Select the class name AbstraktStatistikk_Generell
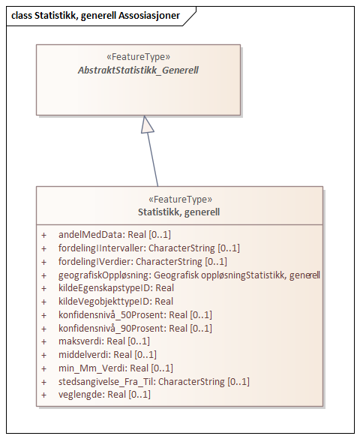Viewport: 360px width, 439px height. (139, 70)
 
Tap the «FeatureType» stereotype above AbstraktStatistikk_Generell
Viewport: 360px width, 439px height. (139, 57)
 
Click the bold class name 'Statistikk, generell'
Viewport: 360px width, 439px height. (178, 212)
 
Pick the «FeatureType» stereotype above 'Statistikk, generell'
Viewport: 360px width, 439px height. (178, 200)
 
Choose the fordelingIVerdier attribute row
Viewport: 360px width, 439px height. (142, 261)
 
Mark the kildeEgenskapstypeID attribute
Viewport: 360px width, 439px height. (116, 288)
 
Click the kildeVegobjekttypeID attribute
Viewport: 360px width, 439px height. (115, 302)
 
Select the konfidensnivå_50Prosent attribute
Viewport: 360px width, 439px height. (135, 315)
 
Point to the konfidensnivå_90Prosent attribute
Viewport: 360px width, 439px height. (135, 328)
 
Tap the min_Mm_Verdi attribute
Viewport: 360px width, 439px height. (115, 368)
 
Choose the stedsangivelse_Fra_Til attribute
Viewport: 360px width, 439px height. (154, 381)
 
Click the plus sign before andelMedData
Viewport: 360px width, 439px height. (44, 235)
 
